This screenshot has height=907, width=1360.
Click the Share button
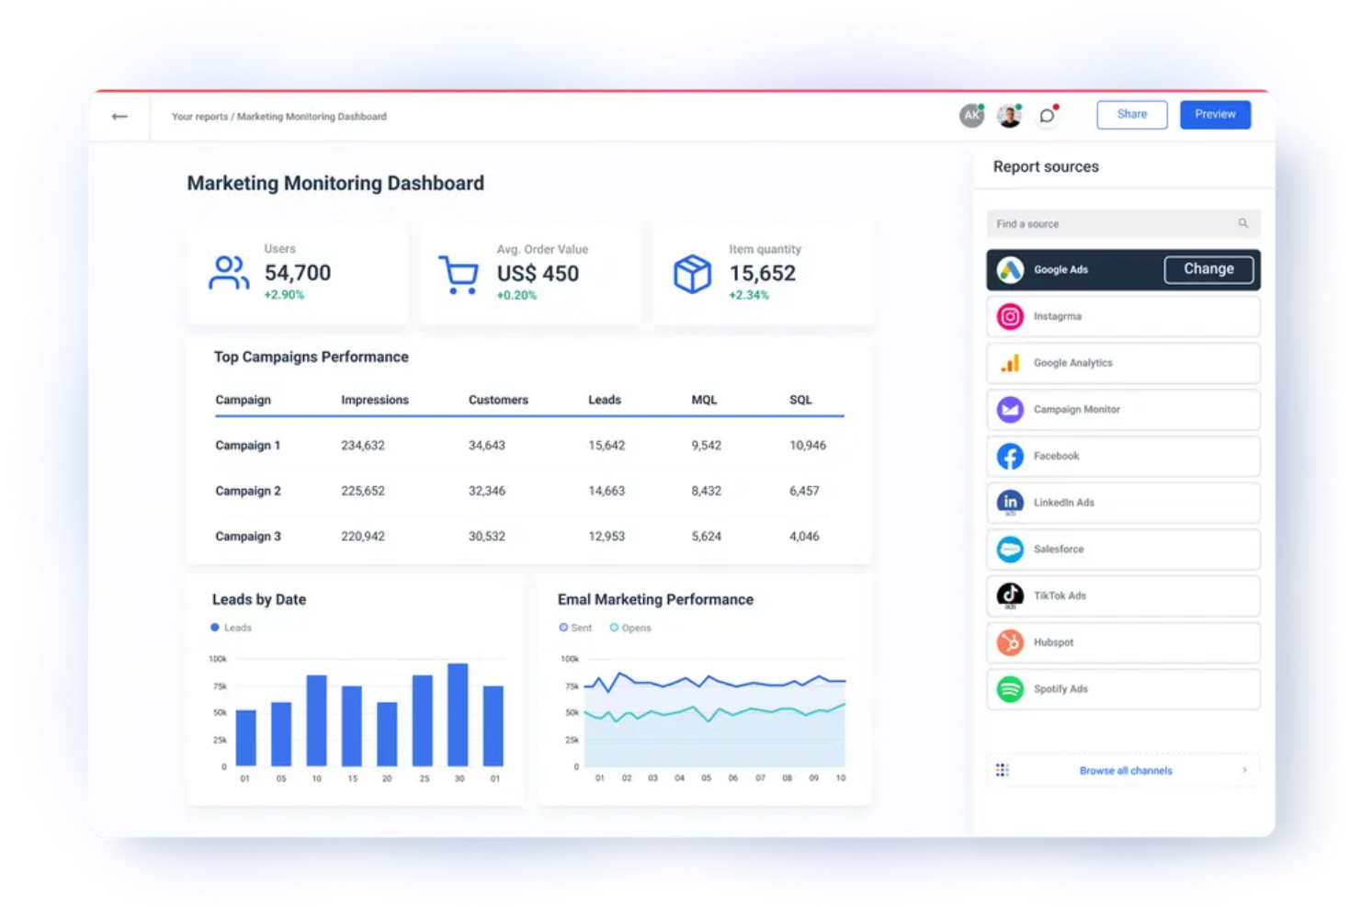pyautogui.click(x=1131, y=115)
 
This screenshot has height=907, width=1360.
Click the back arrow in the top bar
pyautogui.click(x=119, y=117)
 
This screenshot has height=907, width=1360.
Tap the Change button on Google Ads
pyautogui.click(x=1207, y=269)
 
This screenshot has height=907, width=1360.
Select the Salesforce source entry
pyautogui.click(x=1122, y=550)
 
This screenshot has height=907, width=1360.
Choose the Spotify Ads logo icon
pyautogui.click(x=1010, y=688)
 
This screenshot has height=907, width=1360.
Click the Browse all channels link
pyautogui.click(x=1125, y=771)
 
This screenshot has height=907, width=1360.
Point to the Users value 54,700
pyautogui.click(x=297, y=273)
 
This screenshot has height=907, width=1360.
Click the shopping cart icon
pyautogui.click(x=458, y=274)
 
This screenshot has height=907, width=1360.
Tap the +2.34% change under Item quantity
pyautogui.click(x=748, y=295)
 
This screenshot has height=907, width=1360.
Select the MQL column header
pyautogui.click(x=704, y=400)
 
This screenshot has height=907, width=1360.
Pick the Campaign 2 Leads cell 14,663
pyautogui.click(x=606, y=491)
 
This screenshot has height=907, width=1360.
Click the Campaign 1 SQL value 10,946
pyautogui.click(x=807, y=446)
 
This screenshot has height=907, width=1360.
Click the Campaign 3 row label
pyautogui.click(x=248, y=537)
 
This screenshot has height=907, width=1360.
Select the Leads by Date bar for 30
pyautogui.click(x=458, y=714)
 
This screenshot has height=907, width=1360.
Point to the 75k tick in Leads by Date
pyautogui.click(x=220, y=686)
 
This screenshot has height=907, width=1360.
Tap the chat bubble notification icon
pyautogui.click(x=1047, y=116)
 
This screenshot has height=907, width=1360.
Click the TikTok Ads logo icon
pyautogui.click(x=1010, y=595)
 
